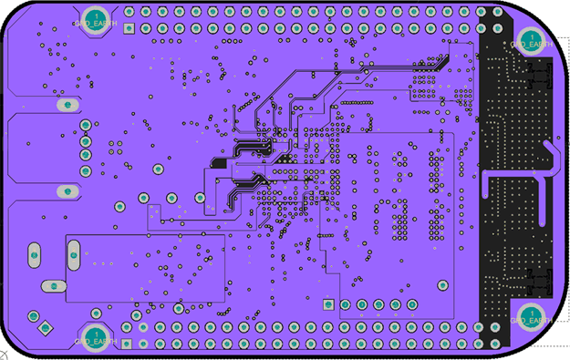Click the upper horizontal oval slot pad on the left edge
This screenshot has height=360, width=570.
coord(66,105)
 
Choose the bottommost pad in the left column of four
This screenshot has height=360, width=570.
coord(85,170)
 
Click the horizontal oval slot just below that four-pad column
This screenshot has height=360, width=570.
coord(67,192)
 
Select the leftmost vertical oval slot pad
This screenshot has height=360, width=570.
coord(34,255)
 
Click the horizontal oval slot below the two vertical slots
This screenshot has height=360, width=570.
coord(53,286)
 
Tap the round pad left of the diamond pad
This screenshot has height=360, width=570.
coord(32,315)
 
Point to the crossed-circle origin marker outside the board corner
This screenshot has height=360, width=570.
coord(4,353)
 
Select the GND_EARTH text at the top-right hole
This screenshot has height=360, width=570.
coord(530,44)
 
